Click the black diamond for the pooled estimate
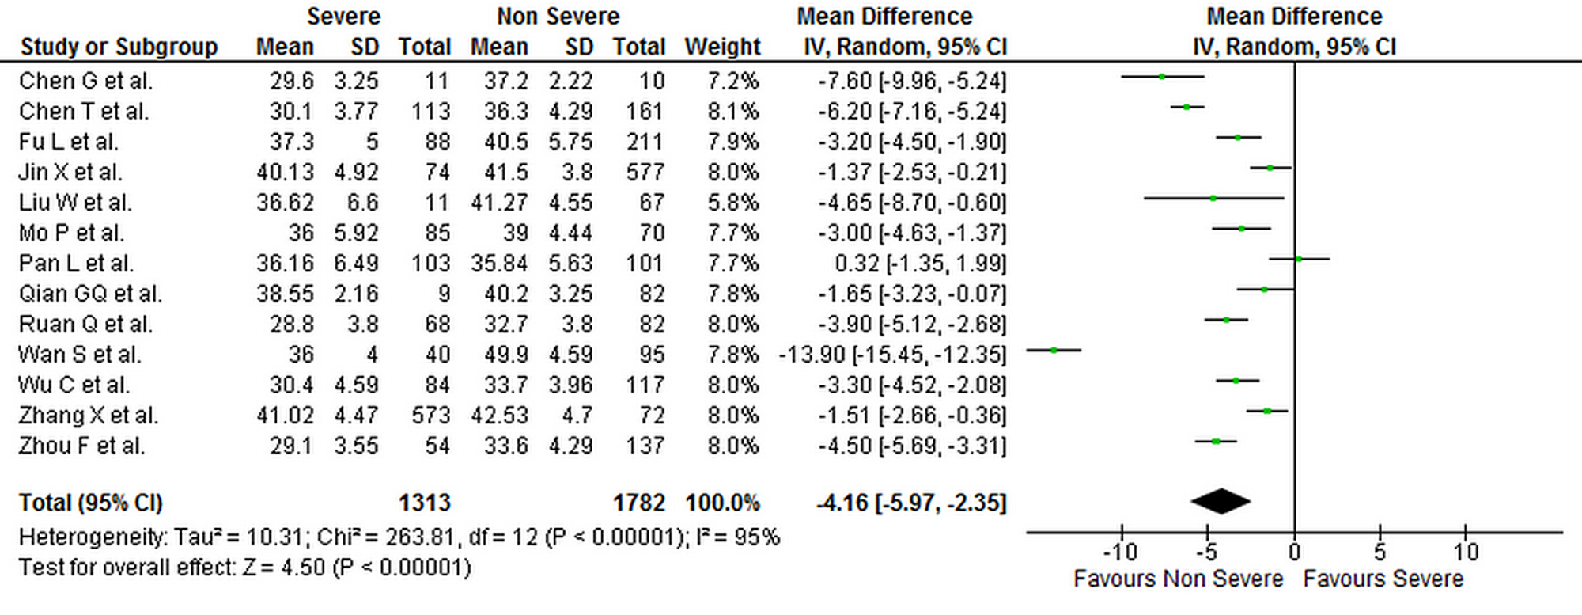click(x=1221, y=501)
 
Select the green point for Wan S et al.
click(x=1054, y=350)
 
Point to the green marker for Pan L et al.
click(x=1299, y=259)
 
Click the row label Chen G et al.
click(x=85, y=81)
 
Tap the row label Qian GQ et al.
click(x=90, y=294)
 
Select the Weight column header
click(x=722, y=47)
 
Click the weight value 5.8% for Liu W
click(x=733, y=203)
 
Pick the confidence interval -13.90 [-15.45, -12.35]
click(x=892, y=355)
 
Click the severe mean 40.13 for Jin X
click(x=285, y=173)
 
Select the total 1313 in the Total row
click(x=424, y=503)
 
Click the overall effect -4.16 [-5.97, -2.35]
click(x=911, y=503)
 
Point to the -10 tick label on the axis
click(x=1119, y=552)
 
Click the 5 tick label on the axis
click(x=1380, y=552)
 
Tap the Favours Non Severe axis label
click(x=1178, y=579)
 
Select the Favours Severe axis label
click(x=1383, y=579)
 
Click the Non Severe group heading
click(x=558, y=17)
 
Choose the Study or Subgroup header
click(x=119, y=47)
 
